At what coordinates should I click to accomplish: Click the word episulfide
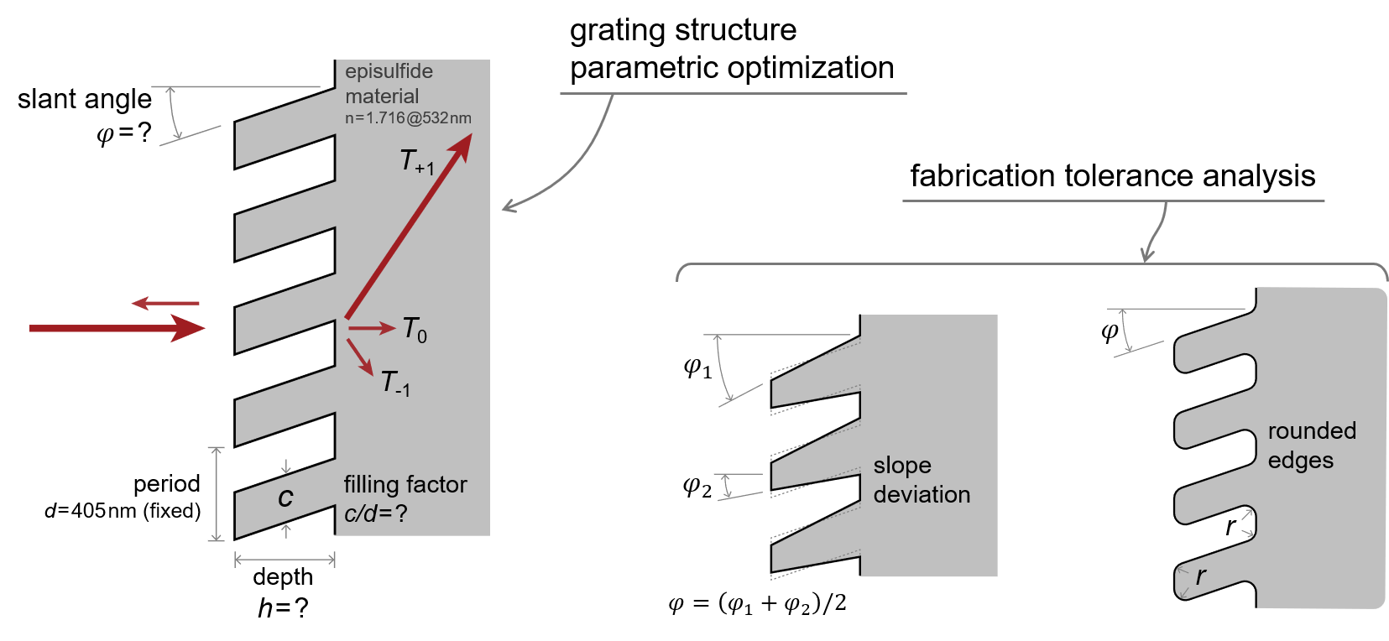pos(389,71)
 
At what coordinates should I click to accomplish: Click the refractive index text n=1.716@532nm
pos(408,118)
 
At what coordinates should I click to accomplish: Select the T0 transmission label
pos(415,329)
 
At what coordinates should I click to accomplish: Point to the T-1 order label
pos(395,383)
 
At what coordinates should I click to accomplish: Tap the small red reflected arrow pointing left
pos(164,303)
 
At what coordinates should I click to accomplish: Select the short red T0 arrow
pos(371,328)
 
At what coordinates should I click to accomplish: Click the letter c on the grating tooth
pos(285,498)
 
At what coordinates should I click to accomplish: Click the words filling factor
pos(405,485)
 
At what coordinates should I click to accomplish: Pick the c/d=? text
pos(376,513)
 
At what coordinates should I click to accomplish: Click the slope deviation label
pos(922,480)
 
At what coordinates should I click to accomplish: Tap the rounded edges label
pos(1312,446)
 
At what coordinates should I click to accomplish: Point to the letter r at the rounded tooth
pos(1201,576)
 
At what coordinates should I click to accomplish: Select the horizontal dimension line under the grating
pos(285,560)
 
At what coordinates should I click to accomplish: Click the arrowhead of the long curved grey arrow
pos(506,206)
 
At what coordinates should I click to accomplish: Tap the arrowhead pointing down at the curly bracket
pos(1147,255)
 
